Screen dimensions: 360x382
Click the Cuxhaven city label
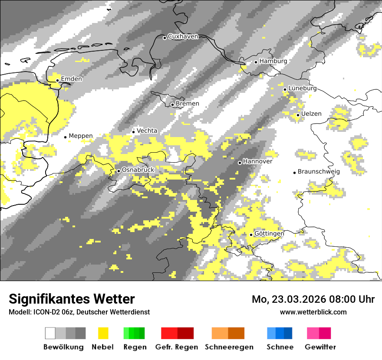point(183,36)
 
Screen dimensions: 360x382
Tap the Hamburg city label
point(273,61)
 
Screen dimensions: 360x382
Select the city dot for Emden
point(57,80)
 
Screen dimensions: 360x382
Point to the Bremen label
point(188,104)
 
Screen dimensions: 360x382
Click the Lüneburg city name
point(303,88)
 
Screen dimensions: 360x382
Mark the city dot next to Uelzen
point(298,115)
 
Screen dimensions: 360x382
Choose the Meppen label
point(81,136)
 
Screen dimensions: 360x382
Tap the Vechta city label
point(147,131)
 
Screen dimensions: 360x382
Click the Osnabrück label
point(138,170)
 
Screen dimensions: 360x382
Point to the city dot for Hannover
point(240,163)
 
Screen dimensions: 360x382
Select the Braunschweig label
point(319,172)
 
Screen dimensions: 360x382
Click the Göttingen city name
point(269,234)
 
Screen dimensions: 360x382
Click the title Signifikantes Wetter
point(72,299)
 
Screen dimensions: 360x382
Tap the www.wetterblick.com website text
point(313,312)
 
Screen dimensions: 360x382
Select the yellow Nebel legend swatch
point(103,333)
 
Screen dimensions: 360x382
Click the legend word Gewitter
point(320,347)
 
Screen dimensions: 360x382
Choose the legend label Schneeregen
point(229,347)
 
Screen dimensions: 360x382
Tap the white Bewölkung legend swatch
point(50,333)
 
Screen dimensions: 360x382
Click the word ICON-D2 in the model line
point(43,312)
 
